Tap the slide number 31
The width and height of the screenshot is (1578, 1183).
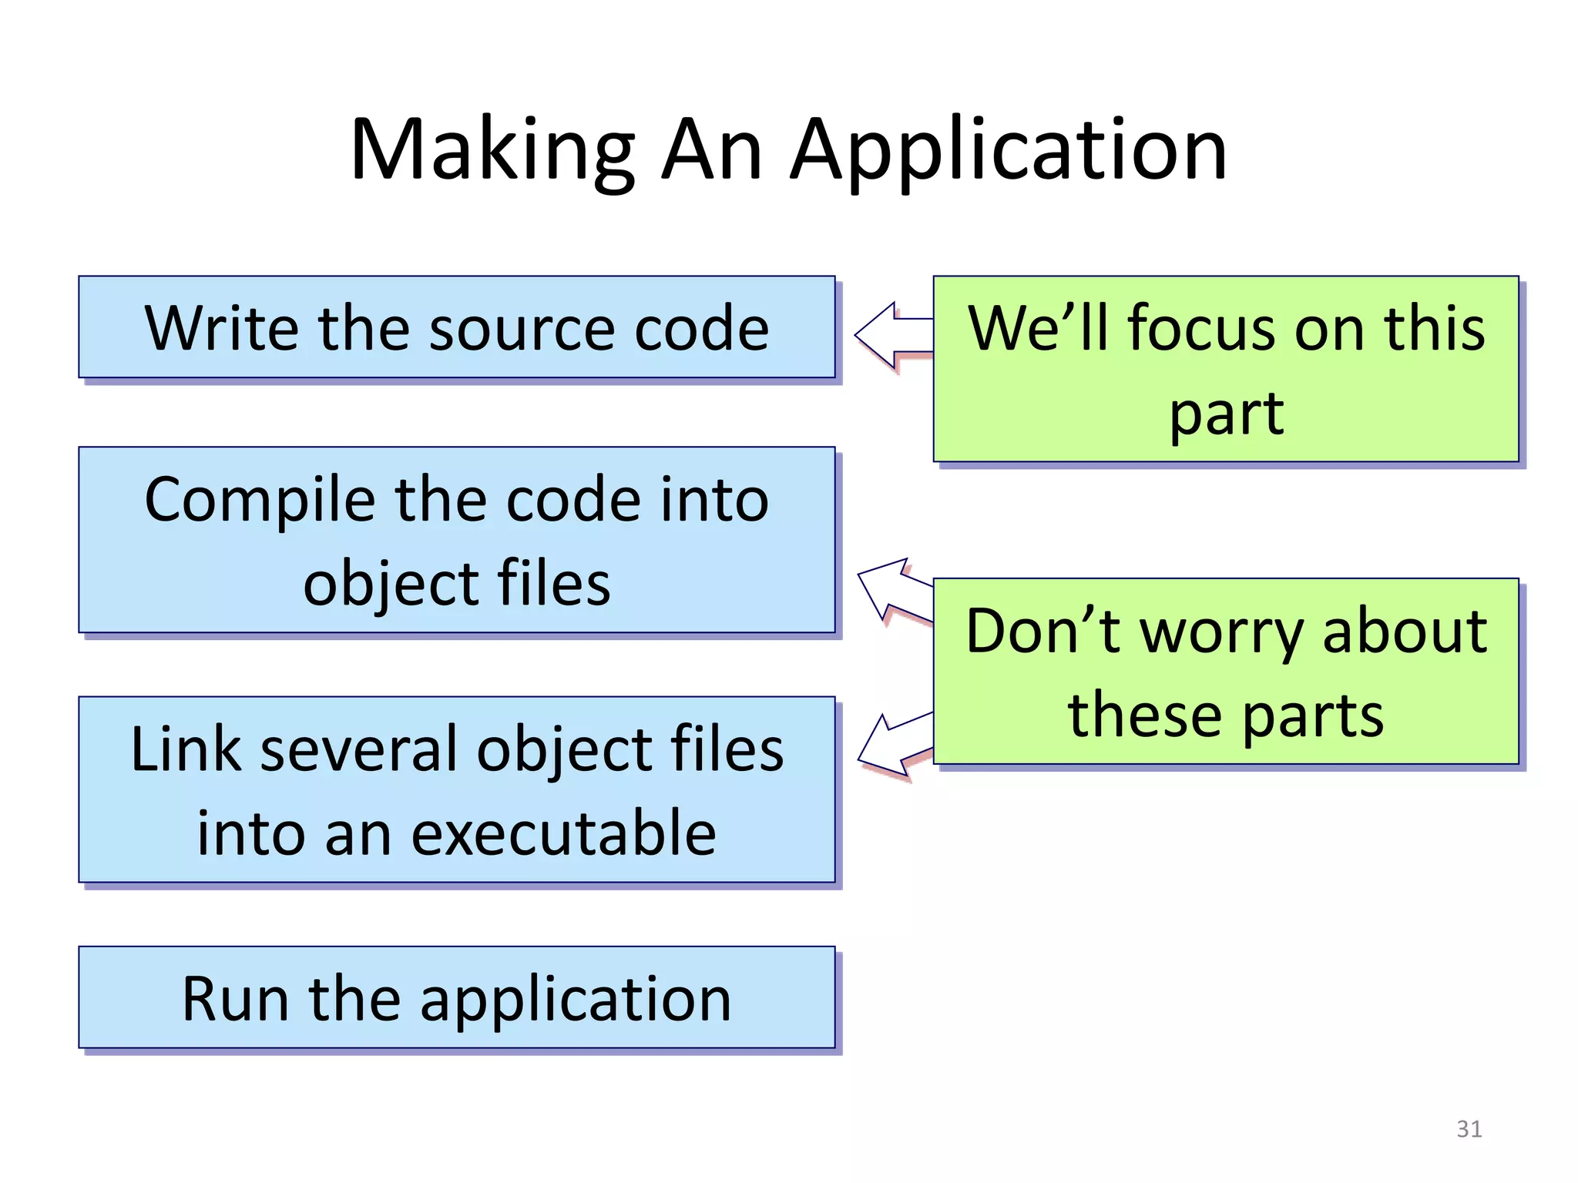[x=1469, y=1129]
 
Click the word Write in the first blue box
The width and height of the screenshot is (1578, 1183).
[x=220, y=328]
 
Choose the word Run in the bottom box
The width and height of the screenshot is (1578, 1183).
[x=234, y=1000]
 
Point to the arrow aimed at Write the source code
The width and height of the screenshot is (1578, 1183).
[x=894, y=336]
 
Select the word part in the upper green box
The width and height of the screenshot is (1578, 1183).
[x=1226, y=414]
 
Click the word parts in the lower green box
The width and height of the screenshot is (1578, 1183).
[x=1313, y=716]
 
